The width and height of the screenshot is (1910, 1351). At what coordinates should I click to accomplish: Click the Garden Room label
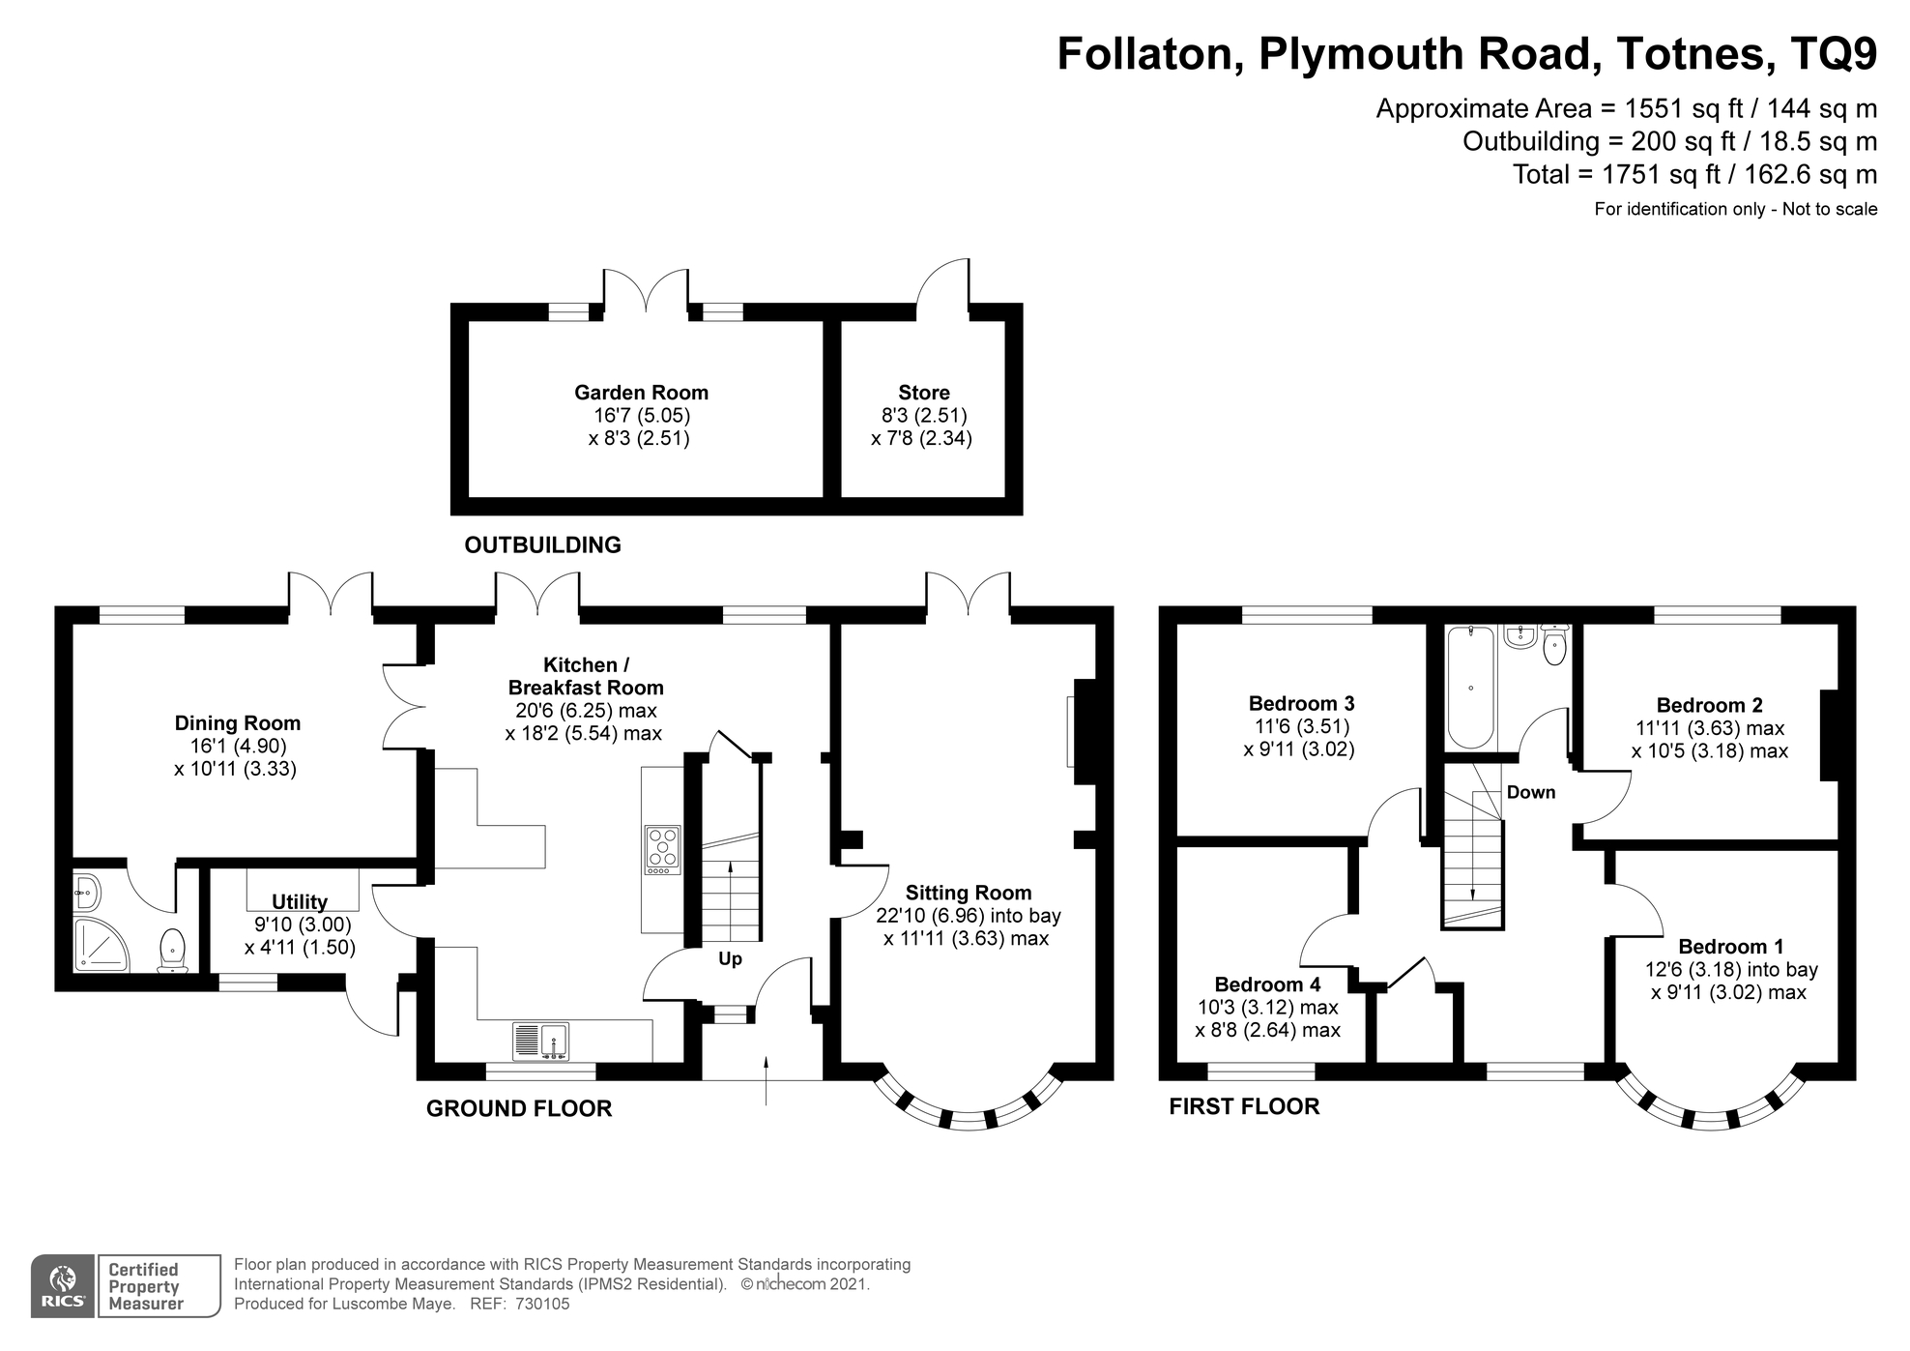coord(641,393)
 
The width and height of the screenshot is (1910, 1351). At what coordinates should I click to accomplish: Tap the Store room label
coord(923,393)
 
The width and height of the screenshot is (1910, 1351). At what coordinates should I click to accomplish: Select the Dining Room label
coord(237,723)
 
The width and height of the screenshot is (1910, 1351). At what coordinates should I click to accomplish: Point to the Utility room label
coord(299,902)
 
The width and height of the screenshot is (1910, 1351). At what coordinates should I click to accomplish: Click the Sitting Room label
coord(968,893)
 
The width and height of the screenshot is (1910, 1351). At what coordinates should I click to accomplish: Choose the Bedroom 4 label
coord(1267,984)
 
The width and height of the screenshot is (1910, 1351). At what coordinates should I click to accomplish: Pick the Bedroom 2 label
coord(1709,705)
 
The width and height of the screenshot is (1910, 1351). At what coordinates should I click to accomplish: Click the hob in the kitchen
coord(662,847)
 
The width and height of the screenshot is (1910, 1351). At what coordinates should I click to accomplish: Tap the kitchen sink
coord(540,1042)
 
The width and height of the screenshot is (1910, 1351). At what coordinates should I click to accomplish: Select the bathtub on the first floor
coord(1470,688)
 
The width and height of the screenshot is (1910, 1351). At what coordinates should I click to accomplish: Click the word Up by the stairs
coord(730,959)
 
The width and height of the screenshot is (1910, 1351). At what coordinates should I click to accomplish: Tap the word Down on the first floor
coord(1531,793)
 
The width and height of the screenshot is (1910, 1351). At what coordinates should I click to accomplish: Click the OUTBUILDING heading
coord(542,545)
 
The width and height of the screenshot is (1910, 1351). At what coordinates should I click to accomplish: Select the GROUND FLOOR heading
coord(519,1109)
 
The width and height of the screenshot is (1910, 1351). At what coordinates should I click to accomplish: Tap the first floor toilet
coord(1554,645)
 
